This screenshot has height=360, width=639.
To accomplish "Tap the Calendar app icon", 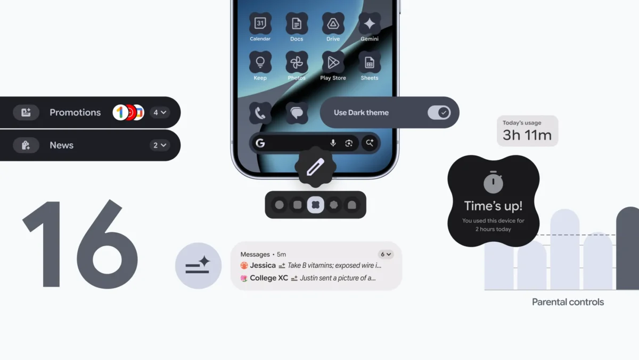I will point(260,24).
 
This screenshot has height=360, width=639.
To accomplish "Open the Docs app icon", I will point(297,24).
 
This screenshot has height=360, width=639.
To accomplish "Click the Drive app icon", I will point(333,24).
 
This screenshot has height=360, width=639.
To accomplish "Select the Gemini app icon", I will point(370,24).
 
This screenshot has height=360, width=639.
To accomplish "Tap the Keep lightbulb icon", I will point(260,62).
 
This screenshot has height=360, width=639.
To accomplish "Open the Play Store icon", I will point(333,62).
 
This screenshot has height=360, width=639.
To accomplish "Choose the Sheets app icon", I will point(370,62).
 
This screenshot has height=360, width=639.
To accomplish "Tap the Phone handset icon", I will point(260,113).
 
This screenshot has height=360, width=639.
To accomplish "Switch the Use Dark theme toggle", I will point(439,112).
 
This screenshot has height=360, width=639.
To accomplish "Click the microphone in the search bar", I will point(333,143).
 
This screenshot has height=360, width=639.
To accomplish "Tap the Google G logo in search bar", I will point(260,143).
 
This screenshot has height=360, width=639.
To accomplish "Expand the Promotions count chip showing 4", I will point(160,112).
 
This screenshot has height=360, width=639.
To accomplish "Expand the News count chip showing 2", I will point(160,145).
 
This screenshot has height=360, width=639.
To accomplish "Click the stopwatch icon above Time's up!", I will point(493,183).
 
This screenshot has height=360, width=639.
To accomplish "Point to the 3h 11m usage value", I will point(527,135).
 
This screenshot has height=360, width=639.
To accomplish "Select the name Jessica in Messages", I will point(263,265).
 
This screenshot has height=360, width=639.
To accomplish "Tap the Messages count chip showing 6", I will point(386,255).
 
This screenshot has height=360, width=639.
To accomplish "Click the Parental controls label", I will point(568,302).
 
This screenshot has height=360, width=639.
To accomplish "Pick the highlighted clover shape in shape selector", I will point(315,204).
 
